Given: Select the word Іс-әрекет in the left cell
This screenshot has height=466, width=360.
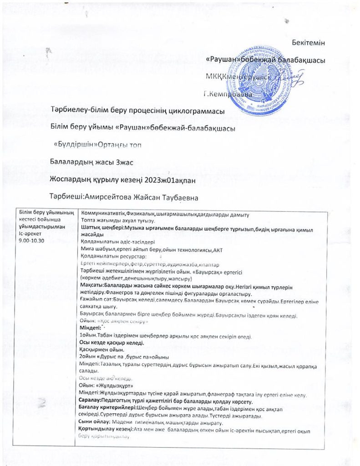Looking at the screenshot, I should (x=29, y=234).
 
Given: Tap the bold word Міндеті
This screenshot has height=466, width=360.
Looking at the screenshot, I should (x=90, y=328).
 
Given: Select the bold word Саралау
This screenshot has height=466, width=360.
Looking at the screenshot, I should (x=91, y=400).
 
